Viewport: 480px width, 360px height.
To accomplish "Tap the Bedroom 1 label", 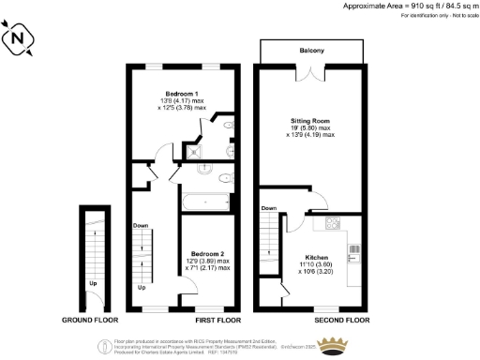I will (181, 94).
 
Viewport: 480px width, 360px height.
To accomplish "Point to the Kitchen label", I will (318, 256).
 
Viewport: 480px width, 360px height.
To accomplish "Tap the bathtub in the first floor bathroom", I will (201, 201).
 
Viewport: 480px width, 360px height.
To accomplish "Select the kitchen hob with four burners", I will (331, 223).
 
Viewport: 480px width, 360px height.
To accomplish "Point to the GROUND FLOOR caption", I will (89, 320).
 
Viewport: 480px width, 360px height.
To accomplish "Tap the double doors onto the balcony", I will (311, 76).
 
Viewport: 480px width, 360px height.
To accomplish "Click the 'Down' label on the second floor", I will (269, 208).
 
